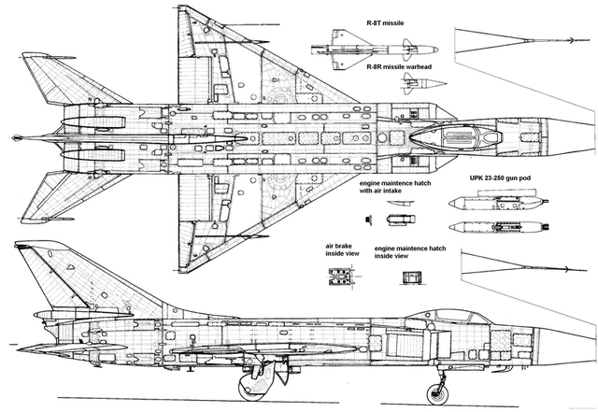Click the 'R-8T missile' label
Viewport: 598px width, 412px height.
pyautogui.click(x=385, y=22)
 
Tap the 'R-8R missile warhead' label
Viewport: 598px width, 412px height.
pyautogui.click(x=399, y=66)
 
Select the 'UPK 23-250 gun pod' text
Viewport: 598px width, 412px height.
pyautogui.click(x=500, y=178)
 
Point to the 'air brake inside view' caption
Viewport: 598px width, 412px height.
pyautogui.click(x=342, y=249)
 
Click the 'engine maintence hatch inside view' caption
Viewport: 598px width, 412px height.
pyautogui.click(x=410, y=252)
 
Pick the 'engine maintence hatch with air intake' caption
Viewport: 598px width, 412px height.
pyautogui.click(x=395, y=187)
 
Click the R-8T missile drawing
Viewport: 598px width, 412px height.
pyautogui.click(x=374, y=50)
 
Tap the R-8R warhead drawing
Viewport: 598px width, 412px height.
pyautogui.click(x=424, y=83)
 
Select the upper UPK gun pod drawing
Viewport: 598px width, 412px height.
pyautogui.click(x=498, y=200)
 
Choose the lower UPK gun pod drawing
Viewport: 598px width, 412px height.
pyautogui.click(x=499, y=227)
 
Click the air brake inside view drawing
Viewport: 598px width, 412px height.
pyautogui.click(x=340, y=276)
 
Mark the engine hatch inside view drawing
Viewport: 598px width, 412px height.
pyautogui.click(x=412, y=277)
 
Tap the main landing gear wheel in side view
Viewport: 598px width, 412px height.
pyautogui.click(x=252, y=387)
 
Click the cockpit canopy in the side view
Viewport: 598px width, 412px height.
pyautogui.click(x=455, y=316)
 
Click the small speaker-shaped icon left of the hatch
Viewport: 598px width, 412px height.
pyautogui.click(x=368, y=220)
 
